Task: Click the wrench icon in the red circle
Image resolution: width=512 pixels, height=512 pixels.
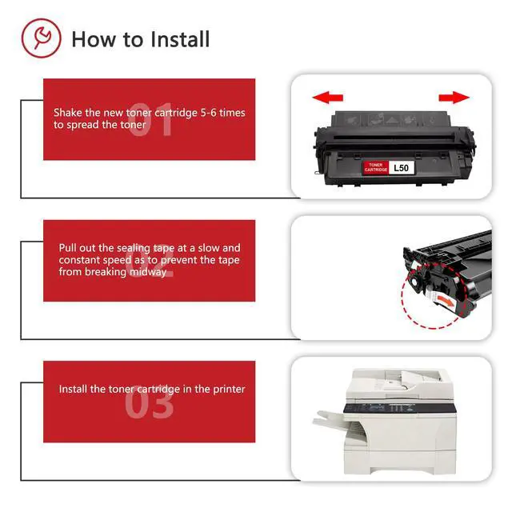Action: coord(42,37)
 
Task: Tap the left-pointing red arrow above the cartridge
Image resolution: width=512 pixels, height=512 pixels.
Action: coord(327,98)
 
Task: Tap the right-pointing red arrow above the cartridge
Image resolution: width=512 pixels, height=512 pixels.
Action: coord(454,97)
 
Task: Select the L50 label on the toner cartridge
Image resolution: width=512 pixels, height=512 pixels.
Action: coord(402,168)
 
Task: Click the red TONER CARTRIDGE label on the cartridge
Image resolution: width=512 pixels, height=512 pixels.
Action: coord(375,167)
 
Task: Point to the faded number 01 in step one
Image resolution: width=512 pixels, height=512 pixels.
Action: coord(150,119)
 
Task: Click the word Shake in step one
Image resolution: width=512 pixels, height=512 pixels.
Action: coord(68,113)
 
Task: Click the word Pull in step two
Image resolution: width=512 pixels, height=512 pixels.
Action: coord(67,248)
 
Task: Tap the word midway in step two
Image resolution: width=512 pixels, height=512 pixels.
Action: coord(148,272)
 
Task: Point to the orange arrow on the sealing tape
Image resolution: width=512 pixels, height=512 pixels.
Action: coord(446,301)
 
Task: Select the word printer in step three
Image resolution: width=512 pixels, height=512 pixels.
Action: coord(229,390)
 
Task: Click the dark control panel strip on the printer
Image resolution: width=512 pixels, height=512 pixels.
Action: coord(399,408)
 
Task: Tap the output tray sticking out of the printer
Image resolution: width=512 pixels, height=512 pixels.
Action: coord(329,418)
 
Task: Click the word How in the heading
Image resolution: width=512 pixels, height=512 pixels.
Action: coord(94,39)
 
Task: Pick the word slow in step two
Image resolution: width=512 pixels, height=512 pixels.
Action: coord(207,248)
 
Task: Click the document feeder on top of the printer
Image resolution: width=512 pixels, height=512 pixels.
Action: coord(400,380)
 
